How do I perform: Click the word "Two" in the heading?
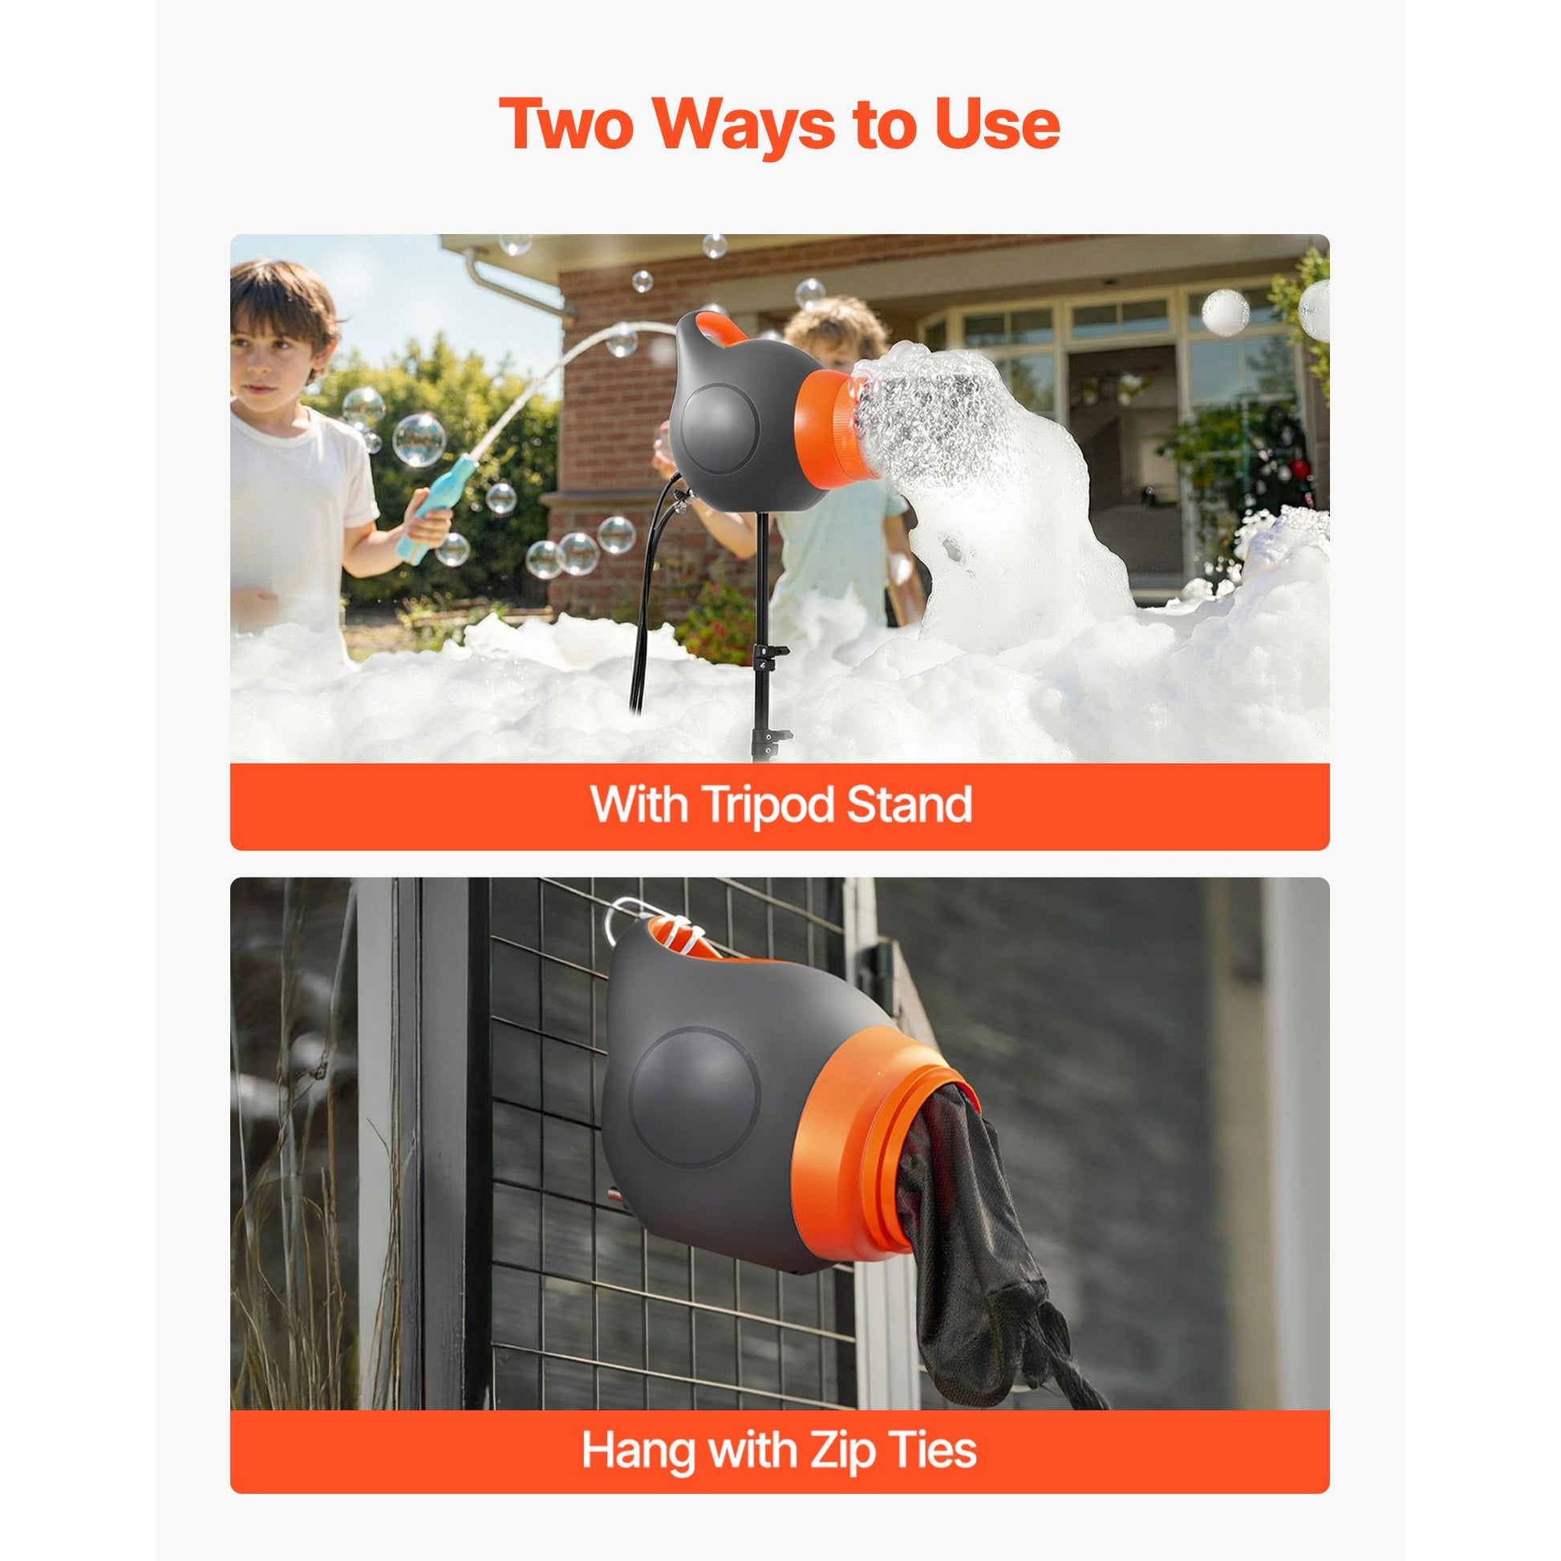[x=567, y=124]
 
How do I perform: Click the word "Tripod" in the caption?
[x=757, y=805]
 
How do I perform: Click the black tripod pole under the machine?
[x=760, y=639]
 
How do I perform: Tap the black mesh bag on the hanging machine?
[x=994, y=1228]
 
